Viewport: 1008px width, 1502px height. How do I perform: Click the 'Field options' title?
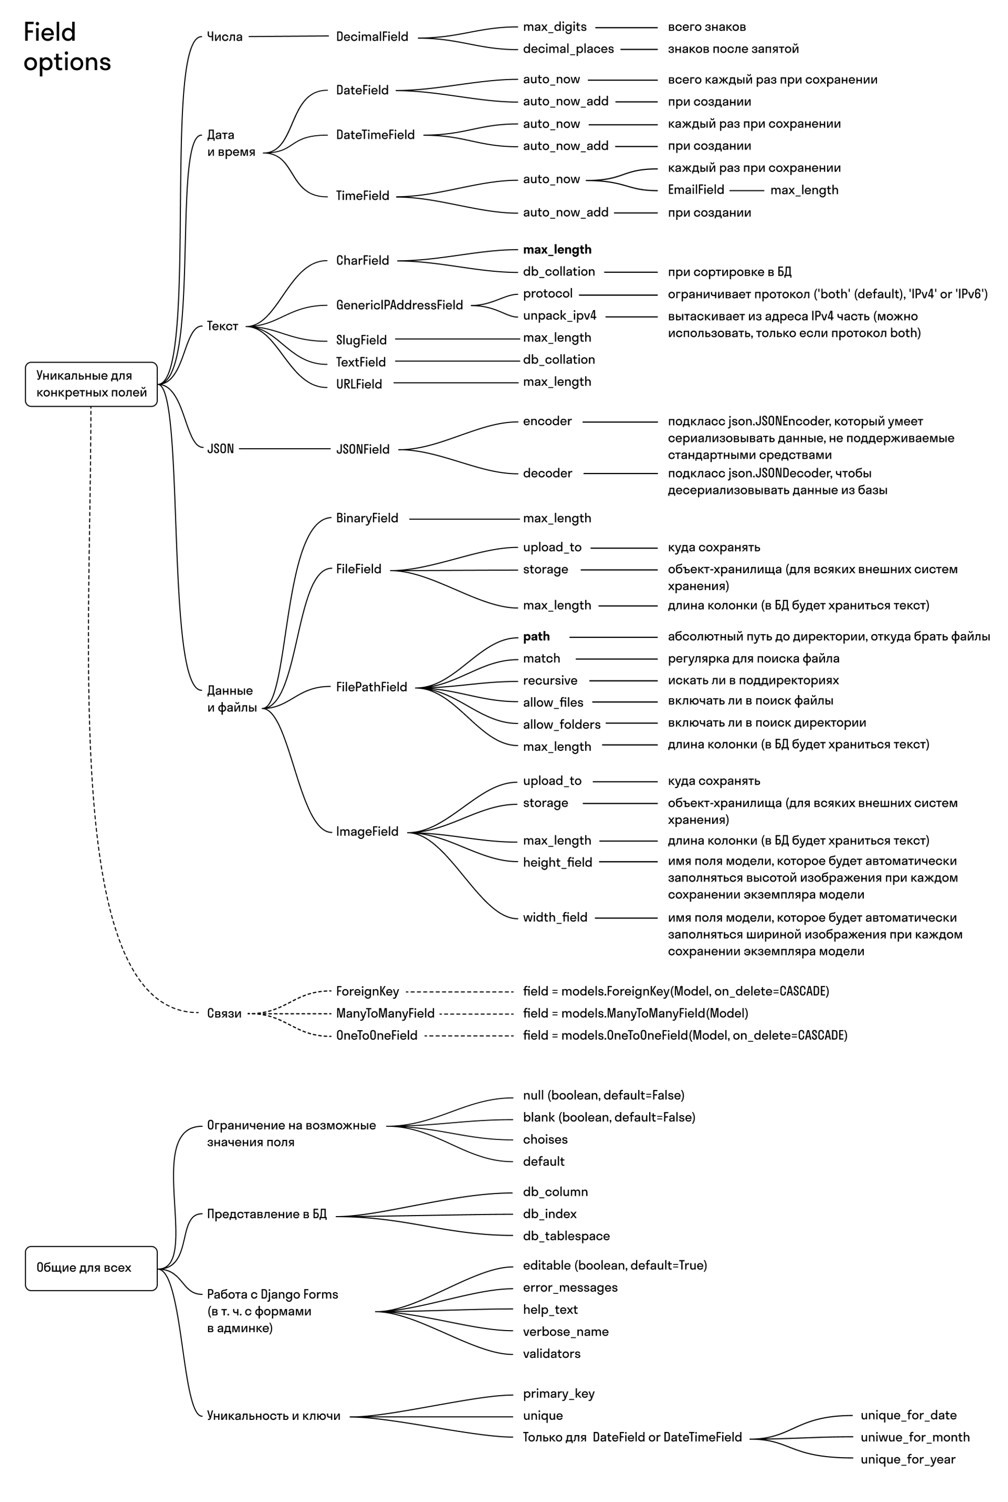coord(67,47)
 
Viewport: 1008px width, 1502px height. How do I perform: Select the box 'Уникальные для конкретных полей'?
coord(91,384)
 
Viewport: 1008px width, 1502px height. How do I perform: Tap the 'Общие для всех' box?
coord(91,1268)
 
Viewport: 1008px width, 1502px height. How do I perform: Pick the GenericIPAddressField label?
coord(399,305)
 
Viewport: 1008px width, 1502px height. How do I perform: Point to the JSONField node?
coord(362,449)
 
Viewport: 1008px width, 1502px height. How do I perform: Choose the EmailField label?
coord(696,190)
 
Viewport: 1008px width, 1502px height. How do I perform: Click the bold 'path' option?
coord(536,637)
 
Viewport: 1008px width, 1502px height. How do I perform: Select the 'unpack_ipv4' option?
coord(559,316)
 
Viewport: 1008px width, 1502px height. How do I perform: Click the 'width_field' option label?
coord(555,918)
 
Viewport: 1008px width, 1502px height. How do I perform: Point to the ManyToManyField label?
coord(385,1013)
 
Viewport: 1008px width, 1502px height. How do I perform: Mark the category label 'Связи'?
coord(224,1013)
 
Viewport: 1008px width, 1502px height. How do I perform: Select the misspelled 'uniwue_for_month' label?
coord(915,1437)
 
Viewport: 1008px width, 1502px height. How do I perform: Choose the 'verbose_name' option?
coord(565,1332)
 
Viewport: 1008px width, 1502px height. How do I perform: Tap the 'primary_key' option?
coord(558,1393)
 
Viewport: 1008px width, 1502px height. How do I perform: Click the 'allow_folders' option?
coord(561,725)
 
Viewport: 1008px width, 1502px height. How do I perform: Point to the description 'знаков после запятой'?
coord(733,49)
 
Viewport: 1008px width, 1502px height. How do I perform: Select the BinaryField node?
coord(367,518)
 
